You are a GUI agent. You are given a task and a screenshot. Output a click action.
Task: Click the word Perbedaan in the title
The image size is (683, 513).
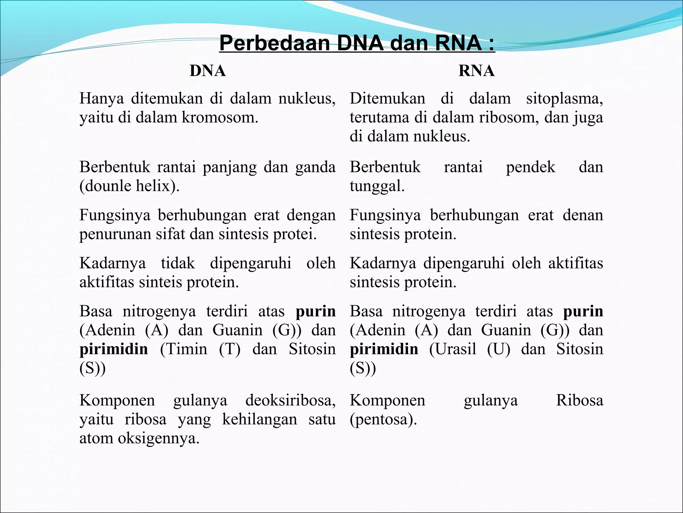click(274, 43)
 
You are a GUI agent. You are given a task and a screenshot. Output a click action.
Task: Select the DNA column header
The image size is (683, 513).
click(207, 71)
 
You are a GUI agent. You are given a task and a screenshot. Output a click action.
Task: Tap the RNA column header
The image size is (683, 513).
click(476, 71)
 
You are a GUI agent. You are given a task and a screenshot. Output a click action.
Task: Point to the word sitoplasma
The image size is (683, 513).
click(564, 99)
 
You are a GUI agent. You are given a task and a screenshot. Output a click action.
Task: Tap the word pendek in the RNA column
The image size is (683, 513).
click(530, 167)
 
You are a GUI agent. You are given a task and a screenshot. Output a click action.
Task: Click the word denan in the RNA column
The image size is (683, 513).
click(583, 215)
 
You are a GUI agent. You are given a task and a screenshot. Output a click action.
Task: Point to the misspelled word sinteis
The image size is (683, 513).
click(160, 282)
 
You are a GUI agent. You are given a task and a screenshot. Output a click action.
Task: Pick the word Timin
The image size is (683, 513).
click(183, 349)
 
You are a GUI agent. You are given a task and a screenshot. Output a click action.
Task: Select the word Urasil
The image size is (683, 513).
click(453, 349)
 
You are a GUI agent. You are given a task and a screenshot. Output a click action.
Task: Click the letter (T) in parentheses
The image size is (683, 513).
click(229, 349)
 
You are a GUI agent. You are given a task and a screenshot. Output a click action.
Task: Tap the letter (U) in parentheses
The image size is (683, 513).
click(499, 349)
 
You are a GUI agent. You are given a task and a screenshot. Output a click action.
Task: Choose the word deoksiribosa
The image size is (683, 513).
click(290, 400)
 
